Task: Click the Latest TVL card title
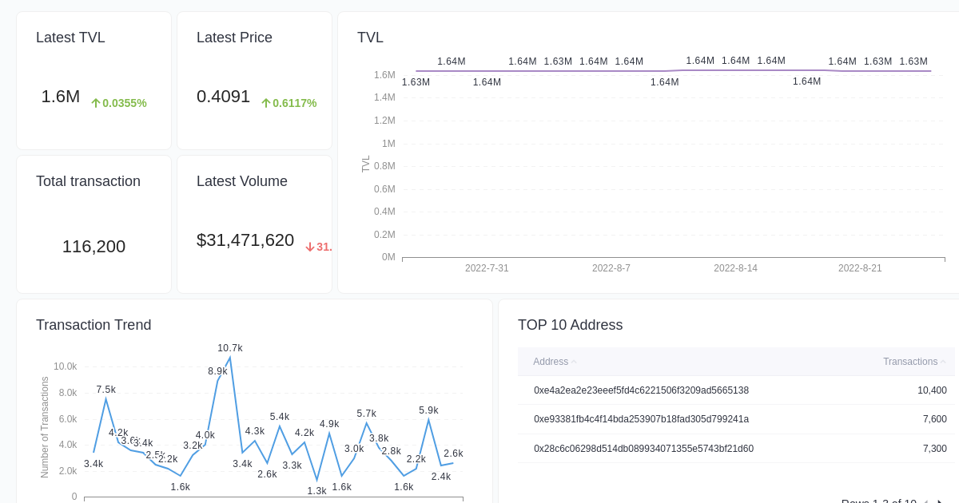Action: [x=70, y=38]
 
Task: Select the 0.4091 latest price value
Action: [x=223, y=97]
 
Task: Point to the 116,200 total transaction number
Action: [x=94, y=247]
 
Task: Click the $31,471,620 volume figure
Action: [x=245, y=240]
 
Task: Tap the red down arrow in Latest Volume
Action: [x=310, y=248]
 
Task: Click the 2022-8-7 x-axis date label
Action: [x=611, y=268]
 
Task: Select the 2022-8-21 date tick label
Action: [x=860, y=268]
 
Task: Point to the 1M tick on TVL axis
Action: [x=388, y=144]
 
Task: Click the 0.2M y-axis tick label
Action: [x=384, y=235]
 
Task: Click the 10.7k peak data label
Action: [x=230, y=348]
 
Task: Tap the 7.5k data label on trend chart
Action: [x=105, y=390]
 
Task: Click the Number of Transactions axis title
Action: [x=45, y=427]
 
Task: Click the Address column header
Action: [x=551, y=362]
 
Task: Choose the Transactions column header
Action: [x=909, y=362]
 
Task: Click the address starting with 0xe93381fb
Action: [x=641, y=419]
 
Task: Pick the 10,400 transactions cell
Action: [x=932, y=390]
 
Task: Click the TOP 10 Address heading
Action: [x=570, y=325]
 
